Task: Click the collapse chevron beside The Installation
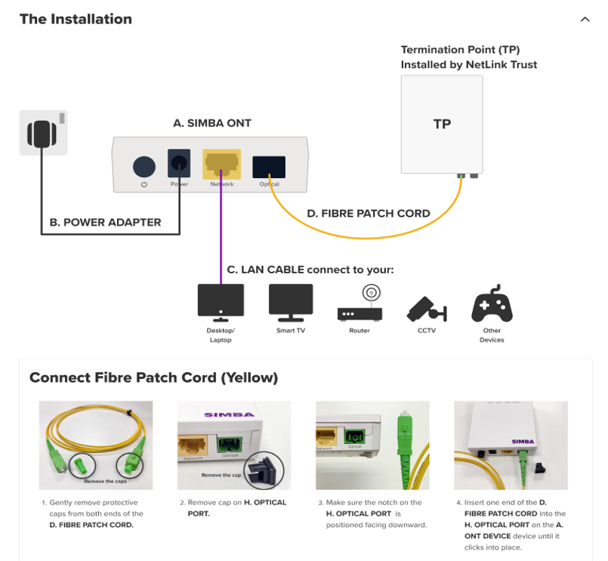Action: (585, 20)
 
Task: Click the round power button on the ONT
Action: (144, 166)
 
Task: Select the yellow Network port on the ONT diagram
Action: (221, 163)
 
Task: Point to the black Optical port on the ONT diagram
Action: (269, 166)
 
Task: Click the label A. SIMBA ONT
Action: (212, 123)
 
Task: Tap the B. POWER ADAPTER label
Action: (105, 222)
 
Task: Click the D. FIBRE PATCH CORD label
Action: (369, 213)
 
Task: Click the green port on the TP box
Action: (461, 175)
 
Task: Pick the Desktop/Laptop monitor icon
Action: (221, 301)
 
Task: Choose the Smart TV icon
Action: (291, 301)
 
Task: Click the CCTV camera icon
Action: (427, 307)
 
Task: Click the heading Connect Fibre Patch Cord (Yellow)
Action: (153, 378)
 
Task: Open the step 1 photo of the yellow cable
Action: (96, 445)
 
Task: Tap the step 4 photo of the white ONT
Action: (511, 445)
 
